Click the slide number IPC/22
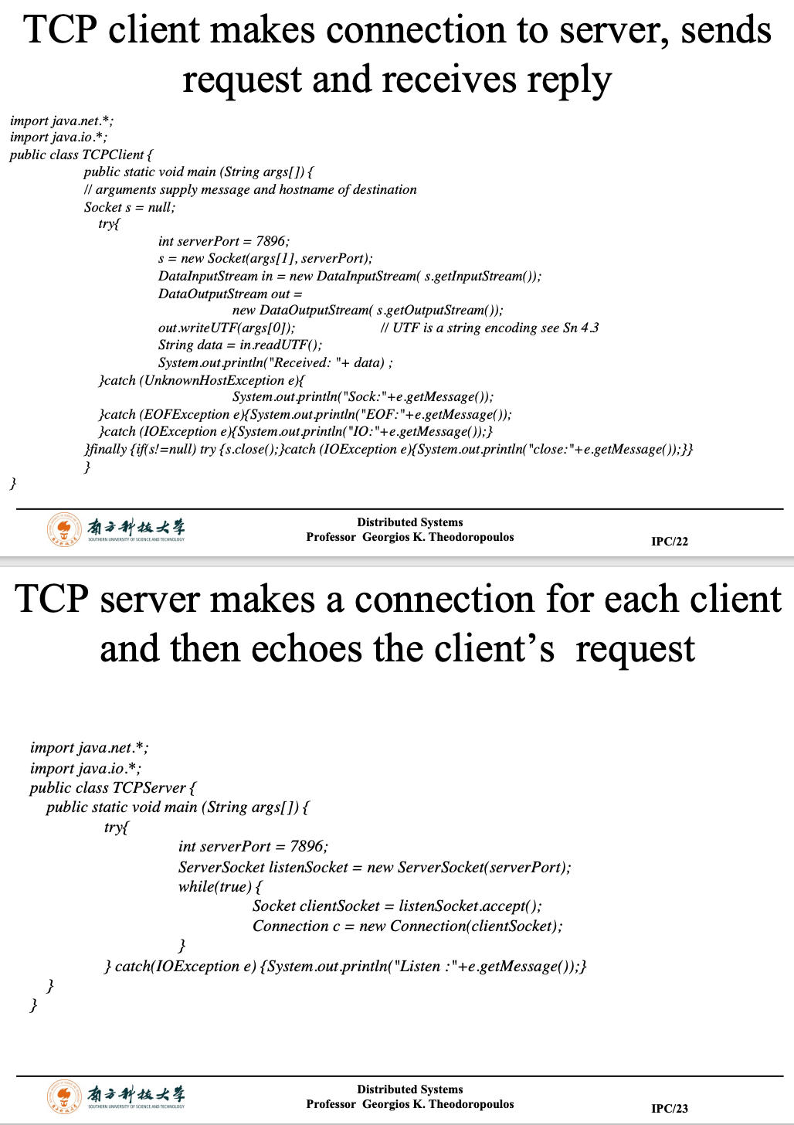click(x=669, y=541)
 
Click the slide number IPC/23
click(x=669, y=1108)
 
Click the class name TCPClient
click(x=113, y=155)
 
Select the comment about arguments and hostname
click(x=250, y=189)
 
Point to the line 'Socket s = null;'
click(x=129, y=207)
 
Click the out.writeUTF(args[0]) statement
click(x=226, y=328)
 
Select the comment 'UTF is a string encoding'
click(x=489, y=328)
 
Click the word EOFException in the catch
click(x=185, y=414)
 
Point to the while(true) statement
click(x=219, y=886)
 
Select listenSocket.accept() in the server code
click(x=470, y=906)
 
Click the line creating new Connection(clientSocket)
click(x=407, y=926)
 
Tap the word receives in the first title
click(x=448, y=79)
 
